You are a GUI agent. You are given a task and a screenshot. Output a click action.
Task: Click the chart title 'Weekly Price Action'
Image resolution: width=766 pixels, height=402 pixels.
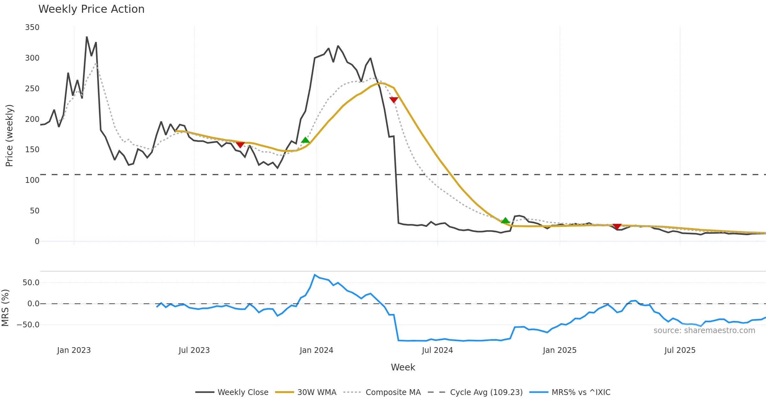pos(91,9)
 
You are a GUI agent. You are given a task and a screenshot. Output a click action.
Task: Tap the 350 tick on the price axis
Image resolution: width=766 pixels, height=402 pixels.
pos(32,27)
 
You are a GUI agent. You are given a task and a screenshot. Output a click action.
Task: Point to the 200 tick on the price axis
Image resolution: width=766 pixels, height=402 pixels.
pos(32,119)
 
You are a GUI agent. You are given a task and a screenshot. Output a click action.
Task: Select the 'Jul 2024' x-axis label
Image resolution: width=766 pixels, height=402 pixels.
pos(437,350)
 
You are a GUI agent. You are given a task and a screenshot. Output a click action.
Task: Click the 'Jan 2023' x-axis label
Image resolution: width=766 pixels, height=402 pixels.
pos(74,350)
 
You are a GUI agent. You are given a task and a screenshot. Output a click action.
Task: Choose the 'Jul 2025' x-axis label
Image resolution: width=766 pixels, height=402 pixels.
pos(680,350)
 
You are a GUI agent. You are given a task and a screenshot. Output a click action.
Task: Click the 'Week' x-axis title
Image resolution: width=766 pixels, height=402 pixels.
pos(403,368)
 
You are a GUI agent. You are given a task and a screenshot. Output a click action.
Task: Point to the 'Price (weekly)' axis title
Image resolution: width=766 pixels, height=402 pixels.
pos(10,136)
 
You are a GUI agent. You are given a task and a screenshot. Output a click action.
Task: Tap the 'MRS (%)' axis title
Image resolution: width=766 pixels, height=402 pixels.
pos(5,308)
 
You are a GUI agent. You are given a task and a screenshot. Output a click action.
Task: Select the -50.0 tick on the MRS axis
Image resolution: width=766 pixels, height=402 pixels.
pos(28,325)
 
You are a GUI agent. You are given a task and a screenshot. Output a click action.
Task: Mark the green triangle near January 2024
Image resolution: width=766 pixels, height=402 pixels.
pos(305,140)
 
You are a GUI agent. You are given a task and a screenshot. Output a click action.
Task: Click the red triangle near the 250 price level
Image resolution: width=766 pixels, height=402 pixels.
pos(394,100)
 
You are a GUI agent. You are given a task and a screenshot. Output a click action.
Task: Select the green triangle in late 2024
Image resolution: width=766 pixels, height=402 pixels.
pos(505,220)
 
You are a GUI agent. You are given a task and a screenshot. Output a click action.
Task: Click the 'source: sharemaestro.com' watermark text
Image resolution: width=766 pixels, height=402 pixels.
pos(704,331)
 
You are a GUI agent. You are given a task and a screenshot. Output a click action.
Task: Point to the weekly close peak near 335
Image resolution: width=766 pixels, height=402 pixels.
pos(87,37)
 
